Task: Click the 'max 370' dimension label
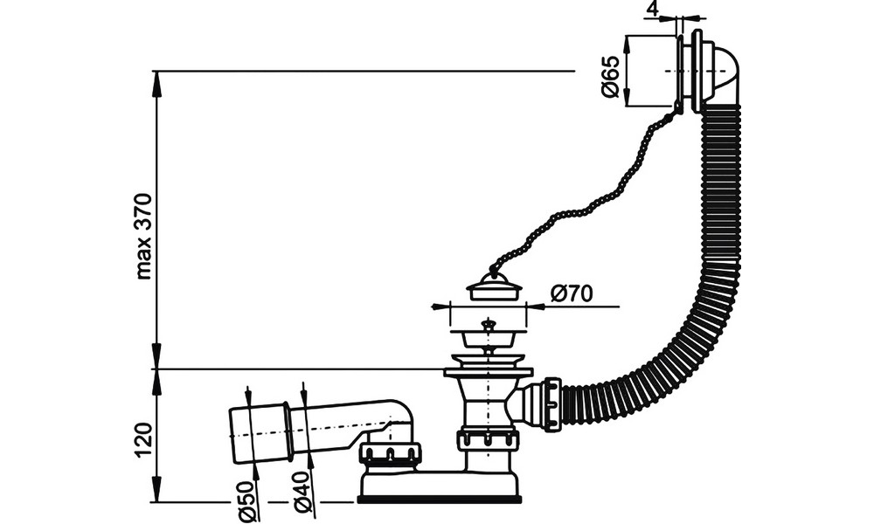pos(144,236)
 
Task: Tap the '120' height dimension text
pos(144,440)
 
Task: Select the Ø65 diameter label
pos(611,76)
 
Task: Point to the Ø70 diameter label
pos(572,293)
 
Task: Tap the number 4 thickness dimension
pos(653,9)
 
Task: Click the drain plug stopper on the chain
pos(495,286)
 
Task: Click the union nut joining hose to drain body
pos(551,403)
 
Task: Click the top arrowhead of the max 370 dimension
pos(157,82)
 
